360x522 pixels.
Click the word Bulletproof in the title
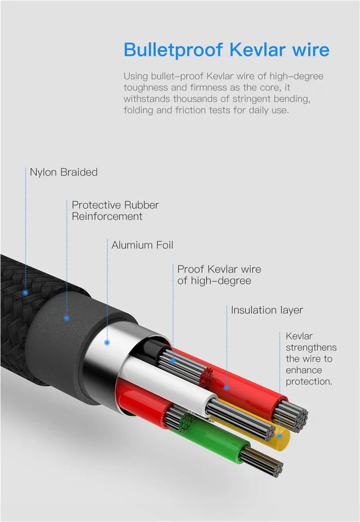pos(173,50)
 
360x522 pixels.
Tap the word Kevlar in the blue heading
pos(258,49)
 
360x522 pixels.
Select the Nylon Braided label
pos(63,172)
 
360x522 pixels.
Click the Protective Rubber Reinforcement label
pos(115,210)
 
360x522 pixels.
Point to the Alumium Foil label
pos(142,245)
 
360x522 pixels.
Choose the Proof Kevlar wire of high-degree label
pos(219,275)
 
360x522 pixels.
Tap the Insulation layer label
pos(267,310)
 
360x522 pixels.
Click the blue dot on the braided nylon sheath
pos(25,293)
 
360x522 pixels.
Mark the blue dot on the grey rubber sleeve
pos(67,318)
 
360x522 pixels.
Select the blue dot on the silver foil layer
pos(107,342)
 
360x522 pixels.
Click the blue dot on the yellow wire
pos(279,436)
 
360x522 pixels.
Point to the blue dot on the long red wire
pos(227,388)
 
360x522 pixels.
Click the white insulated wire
pos(166,379)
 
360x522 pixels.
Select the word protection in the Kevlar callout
pos(309,382)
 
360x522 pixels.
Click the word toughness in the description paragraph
pos(146,88)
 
